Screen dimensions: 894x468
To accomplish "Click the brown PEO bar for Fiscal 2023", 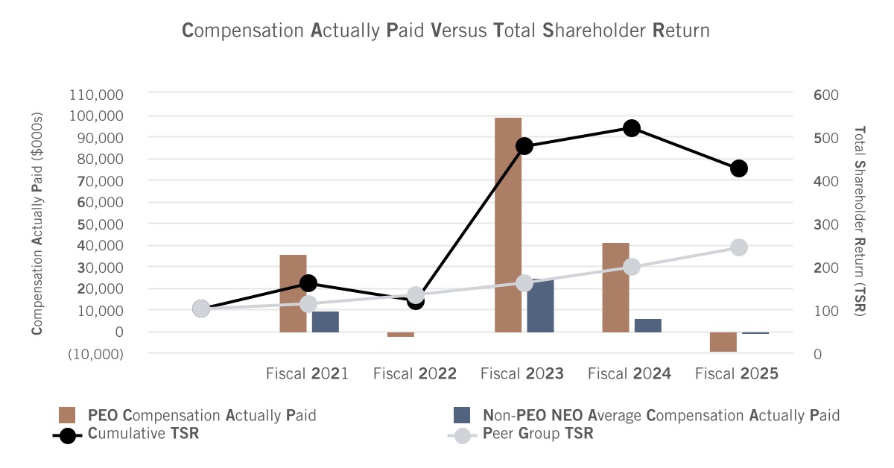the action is [508, 225].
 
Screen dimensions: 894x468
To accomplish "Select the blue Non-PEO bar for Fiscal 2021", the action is [326, 322].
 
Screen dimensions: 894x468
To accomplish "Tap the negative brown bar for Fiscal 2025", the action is [723, 342].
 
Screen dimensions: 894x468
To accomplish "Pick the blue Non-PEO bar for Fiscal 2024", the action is [647, 326].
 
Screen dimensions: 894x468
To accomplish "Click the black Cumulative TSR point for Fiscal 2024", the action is [632, 128].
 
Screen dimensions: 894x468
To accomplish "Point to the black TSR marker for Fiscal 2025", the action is [739, 168].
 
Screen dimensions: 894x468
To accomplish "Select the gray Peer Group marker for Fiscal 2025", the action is [739, 247].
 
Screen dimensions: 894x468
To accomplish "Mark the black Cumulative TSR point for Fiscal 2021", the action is [308, 283].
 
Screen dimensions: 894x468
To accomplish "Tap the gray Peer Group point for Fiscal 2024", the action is [632, 267].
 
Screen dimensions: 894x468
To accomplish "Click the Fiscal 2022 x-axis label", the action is [415, 374].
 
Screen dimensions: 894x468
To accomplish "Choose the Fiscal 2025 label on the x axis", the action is [737, 374].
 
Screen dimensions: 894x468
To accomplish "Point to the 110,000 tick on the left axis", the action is [96, 95].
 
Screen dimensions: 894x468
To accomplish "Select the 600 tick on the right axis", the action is [825, 95].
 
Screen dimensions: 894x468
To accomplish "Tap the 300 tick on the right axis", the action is [825, 224].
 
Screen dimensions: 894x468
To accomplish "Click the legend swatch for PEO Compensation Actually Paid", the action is [66, 415].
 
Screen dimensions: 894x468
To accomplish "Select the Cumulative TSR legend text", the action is [143, 433].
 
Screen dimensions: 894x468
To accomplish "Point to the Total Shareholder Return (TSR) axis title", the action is [859, 221].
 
